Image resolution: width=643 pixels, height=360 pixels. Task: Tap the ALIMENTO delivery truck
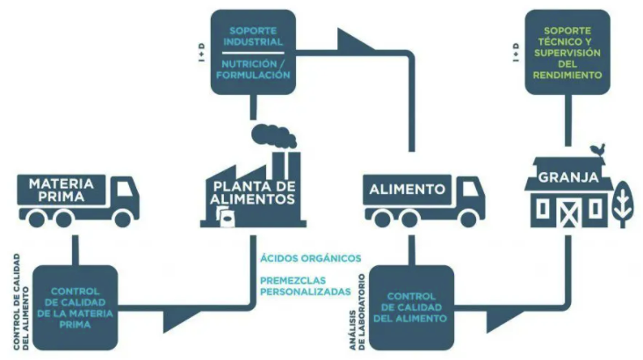tap(423, 200)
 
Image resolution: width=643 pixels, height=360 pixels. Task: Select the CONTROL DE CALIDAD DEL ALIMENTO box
tap(412, 308)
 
